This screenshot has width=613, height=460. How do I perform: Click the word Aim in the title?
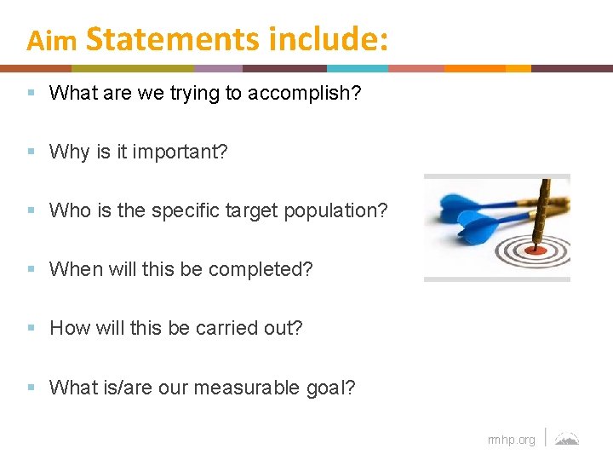[x=52, y=41]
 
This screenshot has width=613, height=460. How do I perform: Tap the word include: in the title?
[x=328, y=39]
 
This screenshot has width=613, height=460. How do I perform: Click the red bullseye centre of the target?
[x=536, y=250]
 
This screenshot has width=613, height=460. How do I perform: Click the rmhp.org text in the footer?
[x=511, y=440]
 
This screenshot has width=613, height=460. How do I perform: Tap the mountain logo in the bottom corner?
[x=567, y=439]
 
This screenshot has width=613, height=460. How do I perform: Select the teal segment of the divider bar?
[x=358, y=68]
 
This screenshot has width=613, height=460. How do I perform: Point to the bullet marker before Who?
[x=32, y=210]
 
